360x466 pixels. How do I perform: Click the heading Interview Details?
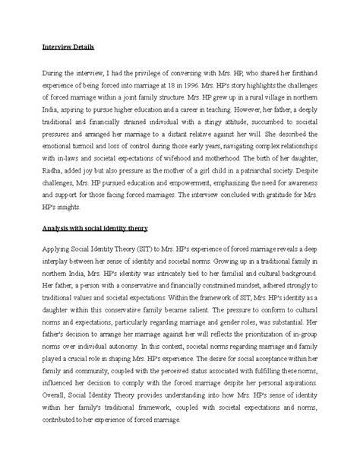[67, 47]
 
